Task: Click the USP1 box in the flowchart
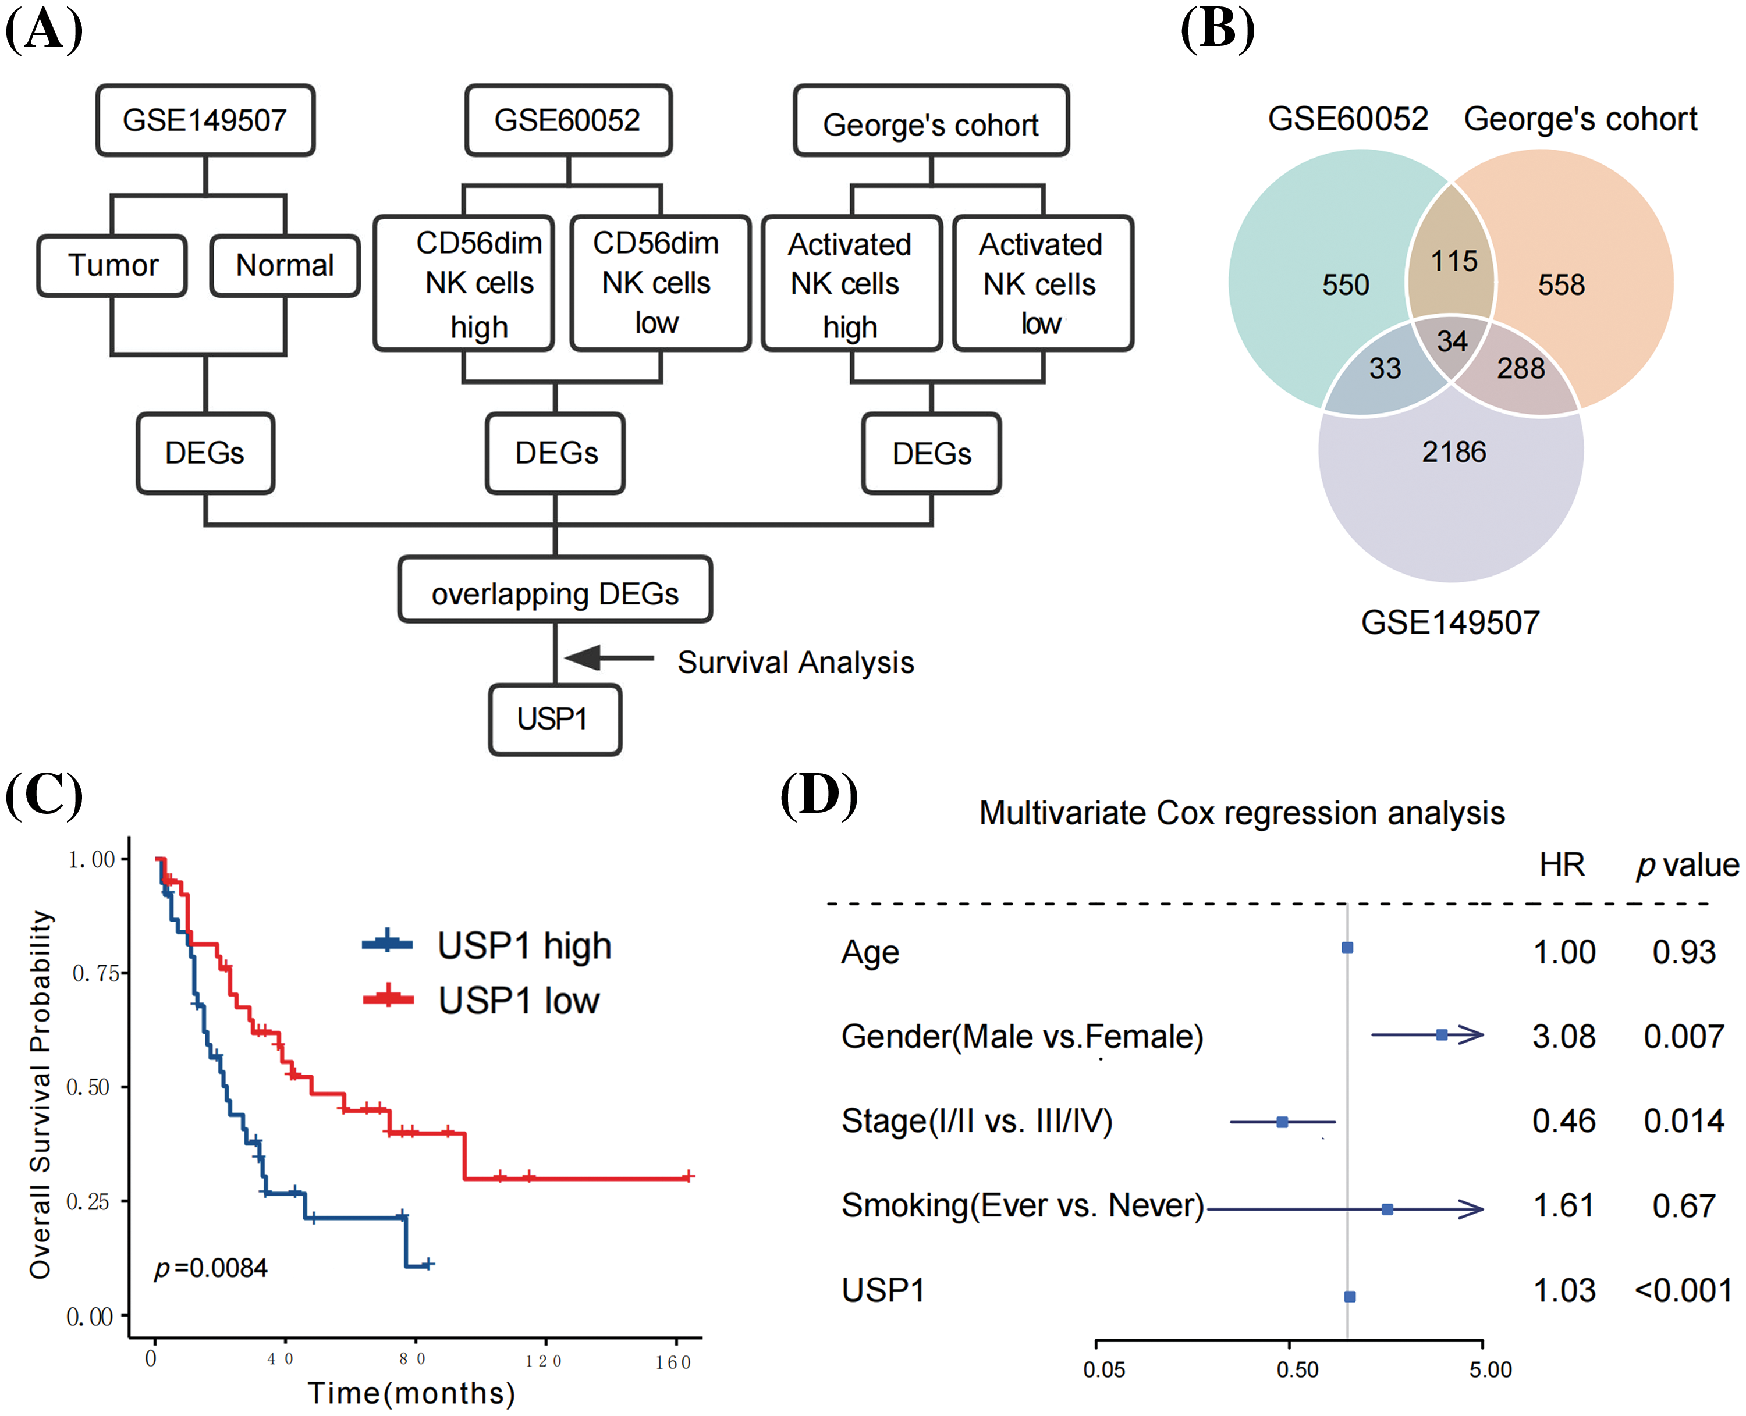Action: coord(554,718)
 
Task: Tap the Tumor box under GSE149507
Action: coord(112,266)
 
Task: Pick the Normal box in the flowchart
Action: coord(285,266)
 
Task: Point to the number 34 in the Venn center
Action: coord(1452,341)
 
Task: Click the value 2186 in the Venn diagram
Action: coord(1453,452)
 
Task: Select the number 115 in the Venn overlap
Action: coord(1454,261)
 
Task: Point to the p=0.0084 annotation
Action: coord(211,1268)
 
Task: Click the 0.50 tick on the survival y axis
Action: coord(88,1087)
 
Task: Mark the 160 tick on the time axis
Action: coord(674,1361)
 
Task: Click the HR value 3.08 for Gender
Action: coord(1563,1037)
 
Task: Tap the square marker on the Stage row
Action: coord(1282,1122)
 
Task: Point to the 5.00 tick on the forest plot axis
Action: coord(1490,1369)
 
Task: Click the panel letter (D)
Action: coord(818,796)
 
